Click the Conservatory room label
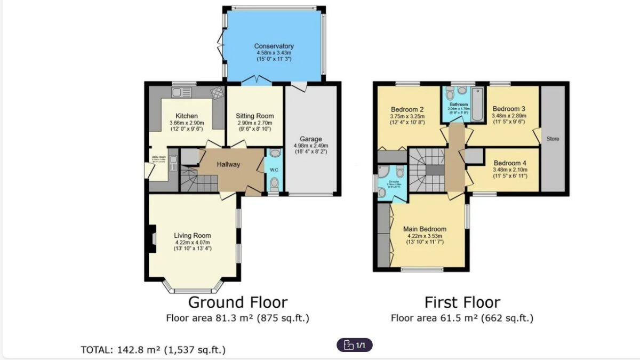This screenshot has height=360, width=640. (274, 46)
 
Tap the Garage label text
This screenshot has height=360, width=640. (311, 139)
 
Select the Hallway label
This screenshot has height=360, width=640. (228, 164)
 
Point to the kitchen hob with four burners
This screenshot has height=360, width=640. (217, 93)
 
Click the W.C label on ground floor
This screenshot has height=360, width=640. (274, 170)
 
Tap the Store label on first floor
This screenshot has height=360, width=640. (553, 139)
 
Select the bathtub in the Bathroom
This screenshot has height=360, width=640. (477, 103)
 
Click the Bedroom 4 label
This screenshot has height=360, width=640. (510, 163)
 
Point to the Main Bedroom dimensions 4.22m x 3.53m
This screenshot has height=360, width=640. (425, 235)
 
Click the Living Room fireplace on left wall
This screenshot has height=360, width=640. (153, 237)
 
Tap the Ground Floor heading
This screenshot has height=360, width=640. (237, 302)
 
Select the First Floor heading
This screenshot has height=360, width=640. (462, 302)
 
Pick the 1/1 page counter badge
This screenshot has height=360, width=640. (355, 345)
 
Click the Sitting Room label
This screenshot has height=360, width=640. (255, 116)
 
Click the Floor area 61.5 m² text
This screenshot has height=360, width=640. (462, 318)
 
